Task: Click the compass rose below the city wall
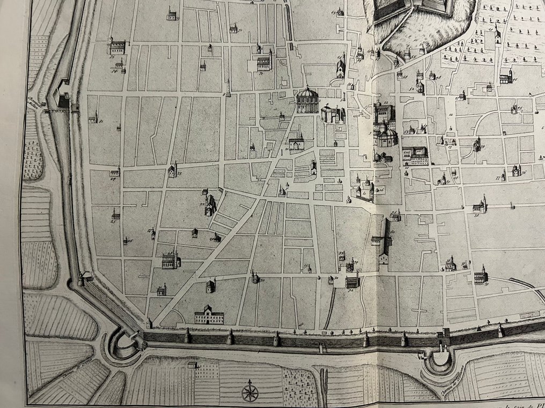coord(249,392)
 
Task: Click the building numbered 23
coord(173,171)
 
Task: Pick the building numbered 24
coord(115,172)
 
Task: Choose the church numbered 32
coord(352,281)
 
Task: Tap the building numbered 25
coord(115,215)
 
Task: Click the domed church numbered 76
coord(516,170)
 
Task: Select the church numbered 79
coord(476,144)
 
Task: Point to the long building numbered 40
coord(384,240)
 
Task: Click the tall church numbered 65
coord(341,69)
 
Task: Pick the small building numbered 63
coord(340,12)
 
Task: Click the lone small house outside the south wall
coord(192,365)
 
